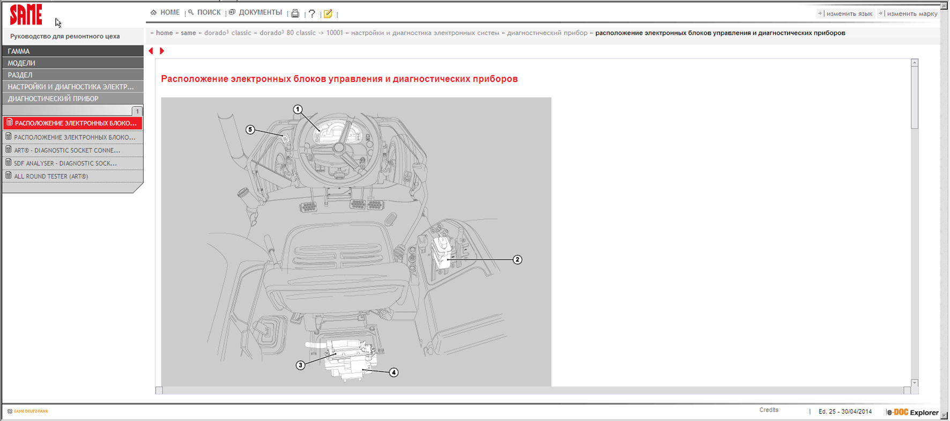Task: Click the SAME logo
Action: click(x=26, y=14)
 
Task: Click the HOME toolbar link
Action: click(x=170, y=12)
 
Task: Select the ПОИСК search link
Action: click(x=209, y=12)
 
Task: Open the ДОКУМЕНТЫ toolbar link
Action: click(x=260, y=12)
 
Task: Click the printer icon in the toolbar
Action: click(x=295, y=13)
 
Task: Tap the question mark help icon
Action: click(x=311, y=13)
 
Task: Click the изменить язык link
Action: click(x=849, y=13)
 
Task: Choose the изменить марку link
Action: click(x=912, y=13)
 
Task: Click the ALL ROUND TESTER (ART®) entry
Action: click(x=51, y=176)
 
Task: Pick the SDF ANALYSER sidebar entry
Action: click(x=65, y=163)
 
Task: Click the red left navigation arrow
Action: click(x=151, y=51)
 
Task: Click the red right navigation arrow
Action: click(x=162, y=51)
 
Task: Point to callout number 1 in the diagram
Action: click(x=298, y=109)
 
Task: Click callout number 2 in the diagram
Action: click(x=517, y=260)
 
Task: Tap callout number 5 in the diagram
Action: click(x=250, y=130)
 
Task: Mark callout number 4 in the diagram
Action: click(x=394, y=372)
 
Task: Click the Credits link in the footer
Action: click(x=769, y=410)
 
